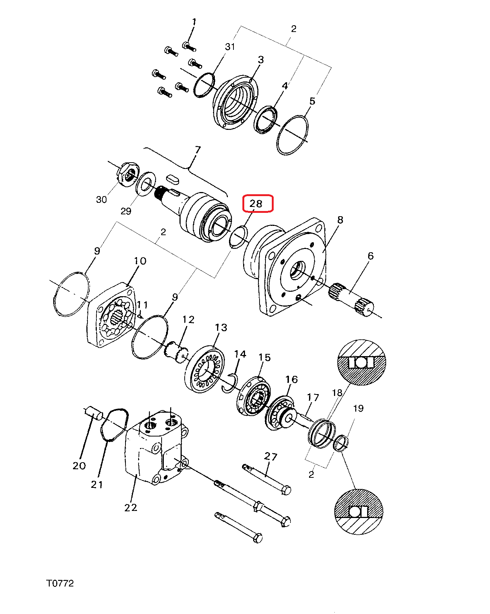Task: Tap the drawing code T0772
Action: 60,583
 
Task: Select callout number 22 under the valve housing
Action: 131,508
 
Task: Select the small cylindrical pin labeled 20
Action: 94,413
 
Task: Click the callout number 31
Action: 230,47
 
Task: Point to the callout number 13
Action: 221,327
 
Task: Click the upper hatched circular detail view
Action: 362,362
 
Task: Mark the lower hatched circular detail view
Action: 359,511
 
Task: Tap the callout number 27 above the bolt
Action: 271,456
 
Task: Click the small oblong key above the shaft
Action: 173,179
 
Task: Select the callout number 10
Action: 140,261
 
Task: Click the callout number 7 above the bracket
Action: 198,150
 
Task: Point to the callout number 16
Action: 292,379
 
